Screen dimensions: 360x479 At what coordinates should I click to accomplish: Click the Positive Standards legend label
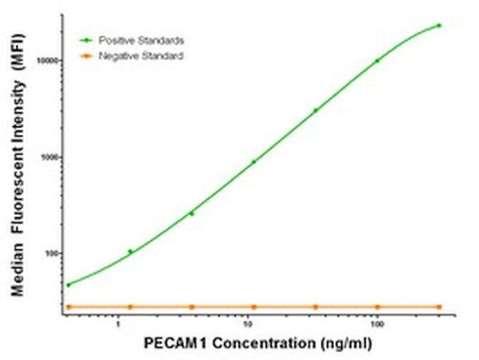[x=141, y=40]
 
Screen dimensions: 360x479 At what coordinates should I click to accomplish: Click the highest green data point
[x=439, y=25]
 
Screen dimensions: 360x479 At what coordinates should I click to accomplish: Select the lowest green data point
[x=69, y=285]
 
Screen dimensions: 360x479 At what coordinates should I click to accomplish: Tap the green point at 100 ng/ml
[x=377, y=61]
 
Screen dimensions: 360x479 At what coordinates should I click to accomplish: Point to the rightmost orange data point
[x=439, y=306]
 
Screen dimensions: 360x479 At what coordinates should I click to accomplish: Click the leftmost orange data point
[x=69, y=306]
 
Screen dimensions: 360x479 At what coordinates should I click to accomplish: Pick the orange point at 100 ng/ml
[x=377, y=306]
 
